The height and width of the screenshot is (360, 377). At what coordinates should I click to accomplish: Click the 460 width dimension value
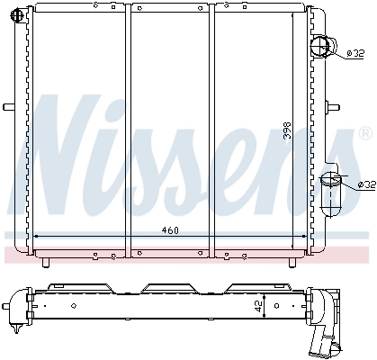[x=170, y=230]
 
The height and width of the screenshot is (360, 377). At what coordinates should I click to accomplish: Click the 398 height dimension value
[x=287, y=130]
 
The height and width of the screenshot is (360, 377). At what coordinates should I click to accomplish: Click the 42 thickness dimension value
[x=259, y=306]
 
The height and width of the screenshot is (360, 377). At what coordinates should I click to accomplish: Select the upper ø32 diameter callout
[x=355, y=54]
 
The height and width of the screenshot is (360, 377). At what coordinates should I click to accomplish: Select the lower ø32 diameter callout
[x=367, y=184]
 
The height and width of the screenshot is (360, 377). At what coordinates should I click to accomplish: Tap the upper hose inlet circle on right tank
[x=320, y=47]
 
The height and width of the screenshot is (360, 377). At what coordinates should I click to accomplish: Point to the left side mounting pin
[x=9, y=107]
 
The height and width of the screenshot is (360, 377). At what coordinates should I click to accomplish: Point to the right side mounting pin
[x=333, y=107]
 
